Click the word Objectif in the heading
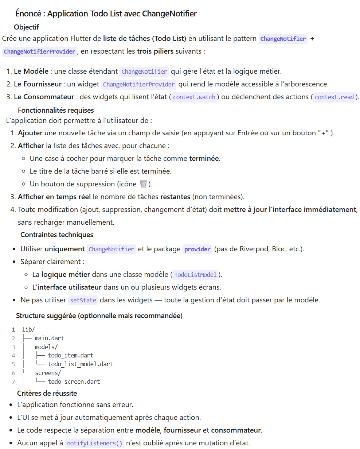[26, 27]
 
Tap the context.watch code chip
[195, 97]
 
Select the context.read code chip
[334, 97]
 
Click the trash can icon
[143, 184]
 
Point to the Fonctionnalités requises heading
[56, 110]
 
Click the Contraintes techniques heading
[57, 235]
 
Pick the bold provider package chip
[197, 249]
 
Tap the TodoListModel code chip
[196, 275]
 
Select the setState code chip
[83, 301]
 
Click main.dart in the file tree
[50, 338]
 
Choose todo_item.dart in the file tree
[71, 355]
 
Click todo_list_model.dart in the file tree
[80, 364]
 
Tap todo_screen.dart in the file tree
[74, 382]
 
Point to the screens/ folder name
[48, 373]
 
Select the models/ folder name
[46, 347]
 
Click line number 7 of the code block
[13, 382]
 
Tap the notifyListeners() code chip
[95, 444]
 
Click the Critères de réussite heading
[47, 393]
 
